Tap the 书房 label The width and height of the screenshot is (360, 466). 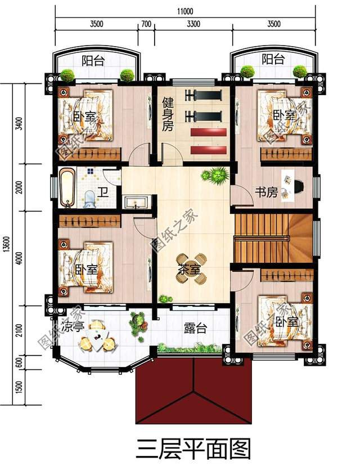[x=266, y=192]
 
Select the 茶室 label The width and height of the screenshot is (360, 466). [x=188, y=270]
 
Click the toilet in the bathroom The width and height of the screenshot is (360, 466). [x=89, y=199]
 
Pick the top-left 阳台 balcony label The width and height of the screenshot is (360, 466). [x=92, y=61]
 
